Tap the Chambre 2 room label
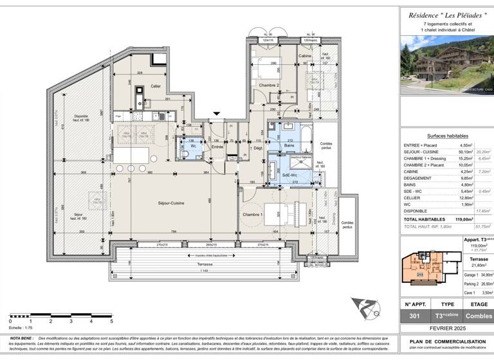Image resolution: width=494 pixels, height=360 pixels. click(x=269, y=85)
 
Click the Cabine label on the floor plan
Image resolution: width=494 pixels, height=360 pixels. click(x=305, y=57)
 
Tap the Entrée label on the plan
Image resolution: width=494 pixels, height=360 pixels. click(x=217, y=147)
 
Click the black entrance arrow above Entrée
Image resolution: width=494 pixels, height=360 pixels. click(x=217, y=114)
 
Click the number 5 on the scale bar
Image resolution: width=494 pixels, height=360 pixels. click(x=111, y=321)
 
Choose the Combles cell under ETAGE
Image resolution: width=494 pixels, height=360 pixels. click(x=476, y=316)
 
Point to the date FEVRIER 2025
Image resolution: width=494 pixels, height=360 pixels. click(x=446, y=328)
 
